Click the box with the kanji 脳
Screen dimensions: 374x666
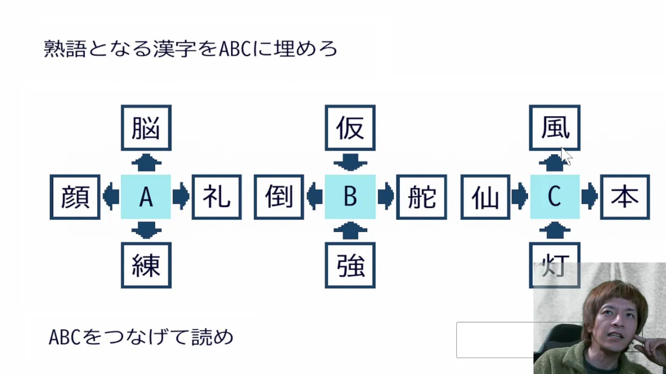coord(146,128)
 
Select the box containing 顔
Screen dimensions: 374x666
coord(75,197)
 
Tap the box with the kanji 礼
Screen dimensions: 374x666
coord(216,197)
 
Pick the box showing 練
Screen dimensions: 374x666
coord(146,265)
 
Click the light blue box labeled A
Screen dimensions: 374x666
coord(146,197)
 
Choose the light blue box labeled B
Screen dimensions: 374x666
coord(350,197)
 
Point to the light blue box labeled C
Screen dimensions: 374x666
coord(555,197)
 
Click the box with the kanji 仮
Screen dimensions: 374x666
coord(350,128)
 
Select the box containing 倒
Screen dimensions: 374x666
coord(279,197)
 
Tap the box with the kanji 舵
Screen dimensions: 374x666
coord(421,197)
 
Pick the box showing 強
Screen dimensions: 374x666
coord(350,265)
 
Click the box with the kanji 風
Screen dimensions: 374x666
coord(555,128)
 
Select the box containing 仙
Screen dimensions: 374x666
coord(485,197)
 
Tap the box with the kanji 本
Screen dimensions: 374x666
coord(625,197)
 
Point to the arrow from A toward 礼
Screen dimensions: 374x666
coord(181,197)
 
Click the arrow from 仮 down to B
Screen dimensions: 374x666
coord(350,163)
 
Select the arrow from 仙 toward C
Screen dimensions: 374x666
coord(519,197)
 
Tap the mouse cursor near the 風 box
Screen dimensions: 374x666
coord(567,156)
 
